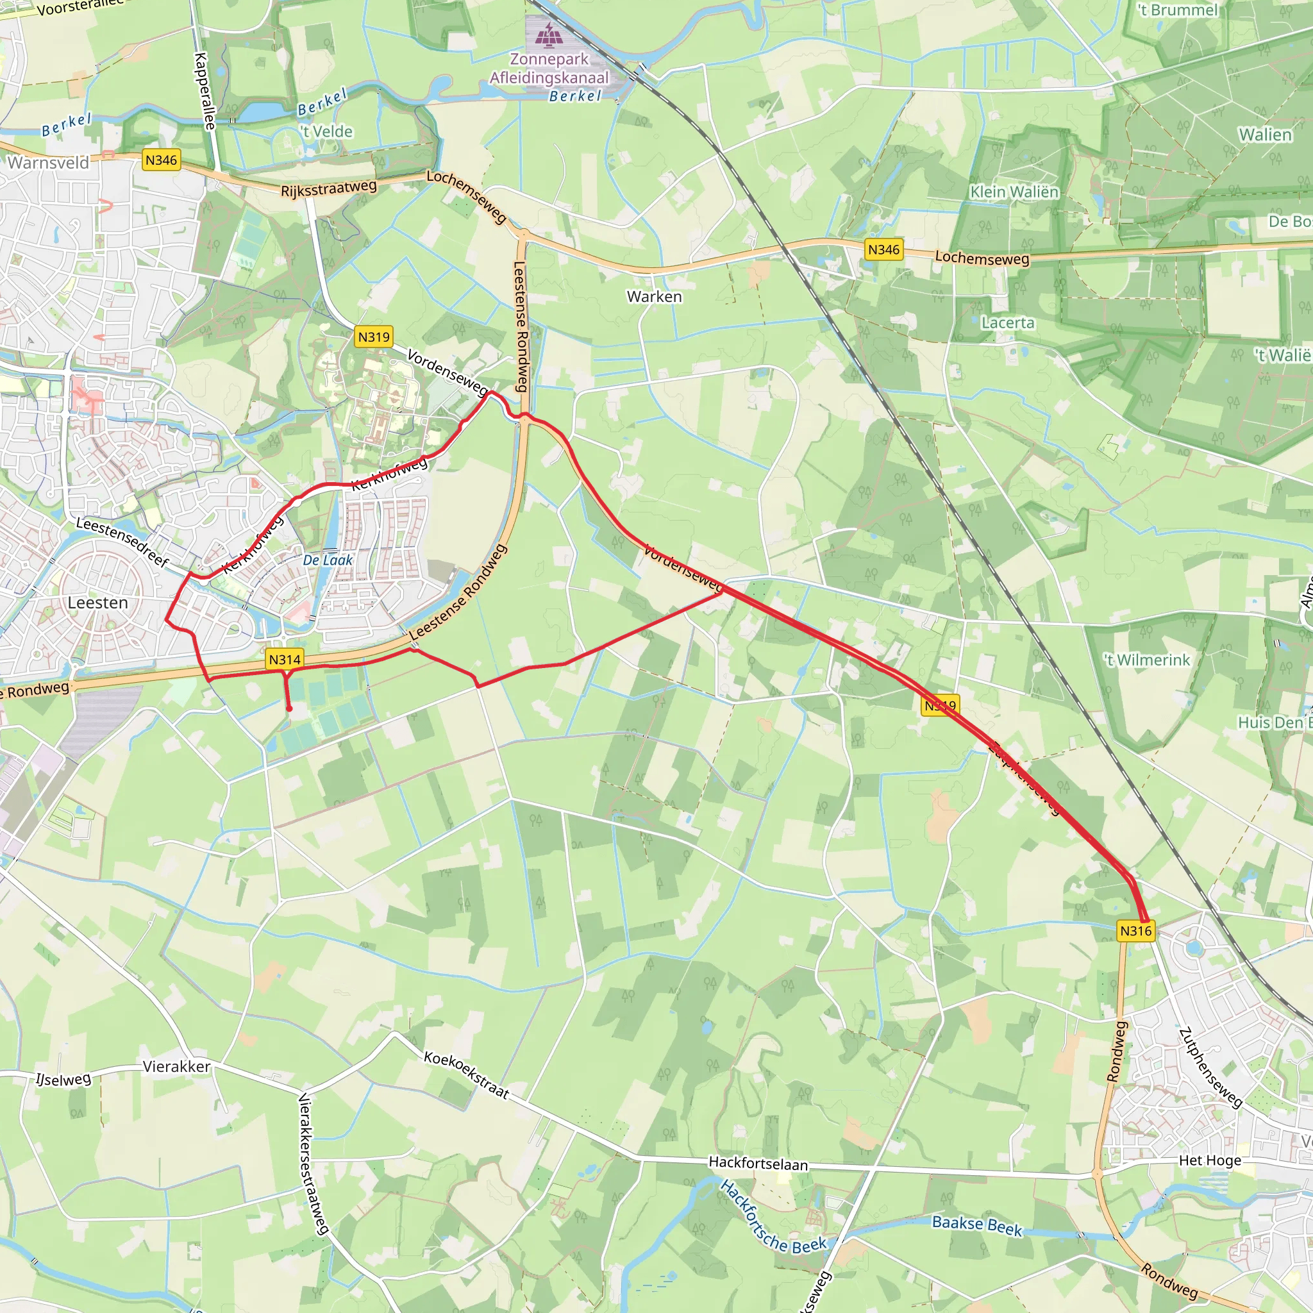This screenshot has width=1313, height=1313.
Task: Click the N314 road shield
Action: [x=285, y=659]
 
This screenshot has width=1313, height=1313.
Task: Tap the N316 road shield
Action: [x=1135, y=931]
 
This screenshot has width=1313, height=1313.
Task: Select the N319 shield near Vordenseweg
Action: [x=374, y=337]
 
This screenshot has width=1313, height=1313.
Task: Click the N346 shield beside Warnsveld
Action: [x=161, y=160]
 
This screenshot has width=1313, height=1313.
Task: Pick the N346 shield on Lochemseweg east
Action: [x=883, y=250]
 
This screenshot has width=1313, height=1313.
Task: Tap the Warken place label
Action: [x=655, y=297]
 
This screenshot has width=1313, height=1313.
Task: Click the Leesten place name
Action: [x=98, y=603]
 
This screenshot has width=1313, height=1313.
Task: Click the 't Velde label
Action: [x=327, y=131]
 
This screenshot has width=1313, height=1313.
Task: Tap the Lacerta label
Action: [x=1008, y=323]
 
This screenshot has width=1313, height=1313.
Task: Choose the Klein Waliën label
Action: [x=1014, y=192]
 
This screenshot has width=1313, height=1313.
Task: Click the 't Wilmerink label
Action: [x=1147, y=660]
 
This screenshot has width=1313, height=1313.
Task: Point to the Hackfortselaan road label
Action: [x=758, y=1164]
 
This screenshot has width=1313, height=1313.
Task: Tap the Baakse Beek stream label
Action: [x=976, y=1224]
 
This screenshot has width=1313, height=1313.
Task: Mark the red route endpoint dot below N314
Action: [x=289, y=709]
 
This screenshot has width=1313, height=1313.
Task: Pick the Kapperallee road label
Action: [x=205, y=91]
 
